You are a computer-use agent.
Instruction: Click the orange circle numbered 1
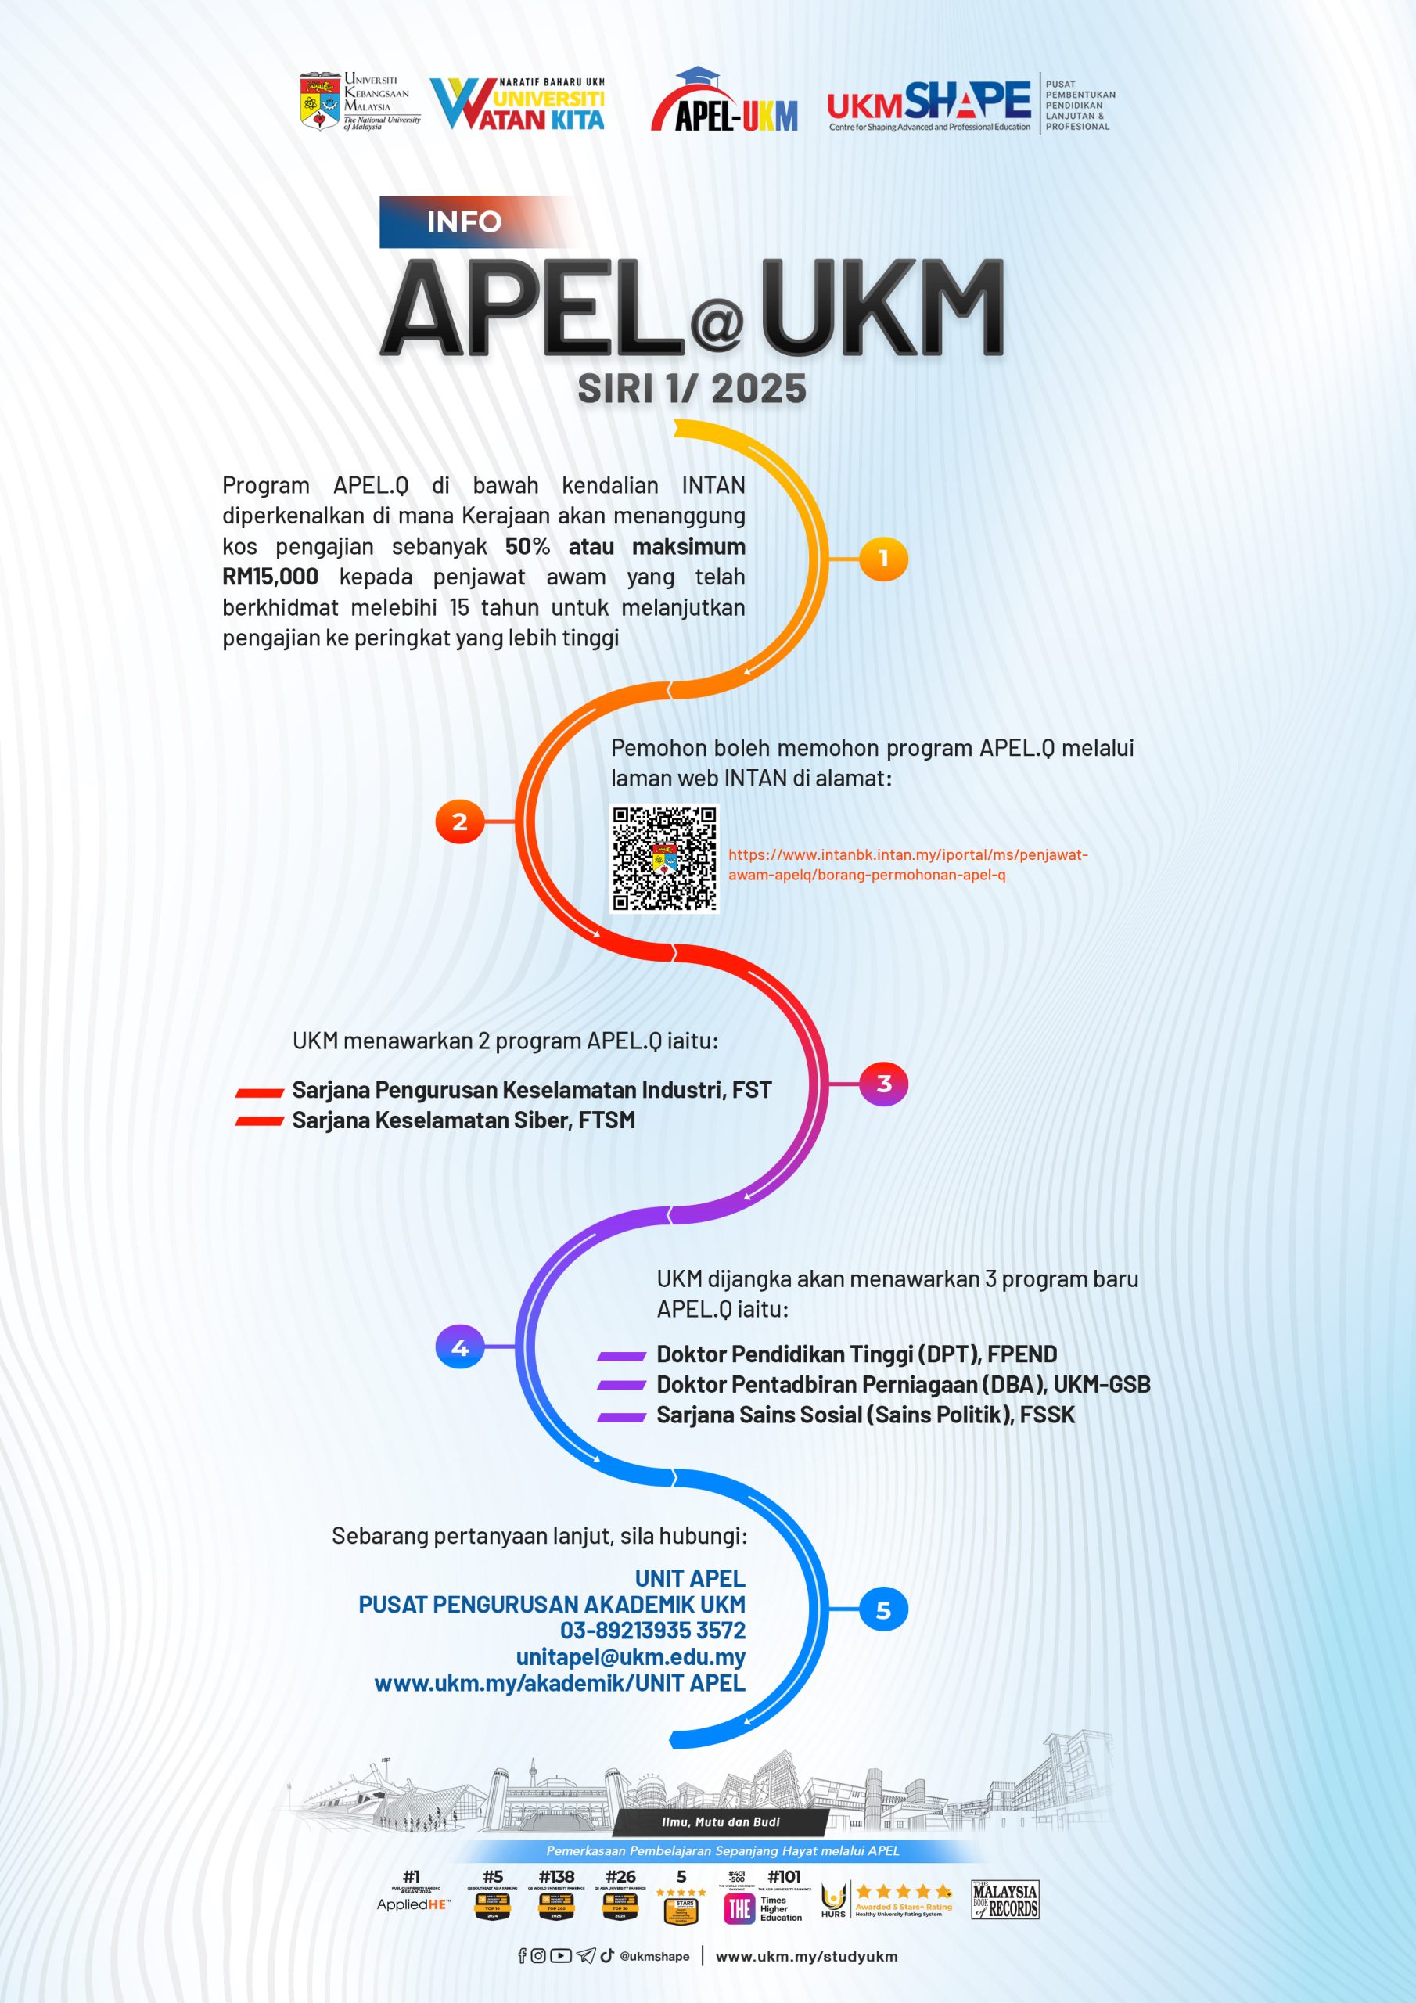pos(883,559)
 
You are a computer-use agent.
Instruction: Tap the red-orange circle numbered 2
pos(460,821)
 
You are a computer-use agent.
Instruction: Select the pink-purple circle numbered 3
pos(883,1084)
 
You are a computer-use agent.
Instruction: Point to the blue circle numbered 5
pos(883,1609)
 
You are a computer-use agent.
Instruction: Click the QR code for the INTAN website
pos(664,858)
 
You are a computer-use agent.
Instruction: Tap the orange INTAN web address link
pos(907,865)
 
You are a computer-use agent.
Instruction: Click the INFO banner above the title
pos(464,221)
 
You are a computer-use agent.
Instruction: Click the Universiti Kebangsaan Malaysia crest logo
pos(319,101)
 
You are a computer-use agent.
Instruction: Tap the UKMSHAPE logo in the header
pos(929,104)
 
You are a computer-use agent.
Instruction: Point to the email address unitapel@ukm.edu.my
pos(630,1656)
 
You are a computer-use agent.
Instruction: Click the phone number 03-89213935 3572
pos(652,1631)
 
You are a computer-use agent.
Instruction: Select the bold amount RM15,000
pos(271,577)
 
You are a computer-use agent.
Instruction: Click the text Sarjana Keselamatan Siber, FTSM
pos(463,1120)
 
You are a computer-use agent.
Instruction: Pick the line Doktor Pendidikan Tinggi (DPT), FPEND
pos(856,1354)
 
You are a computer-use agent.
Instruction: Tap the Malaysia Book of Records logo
pos(1004,1899)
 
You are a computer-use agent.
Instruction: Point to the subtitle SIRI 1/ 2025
pos(692,389)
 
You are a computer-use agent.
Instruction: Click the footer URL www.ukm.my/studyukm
pos(806,1957)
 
